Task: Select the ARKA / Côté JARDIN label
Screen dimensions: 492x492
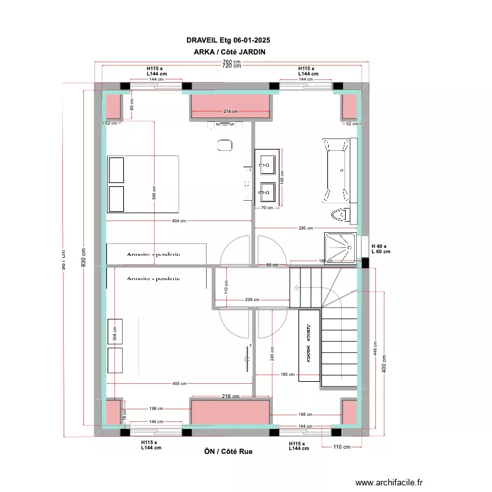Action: point(230,52)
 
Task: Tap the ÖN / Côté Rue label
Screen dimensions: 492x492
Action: point(228,451)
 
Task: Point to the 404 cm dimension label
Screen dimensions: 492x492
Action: point(178,221)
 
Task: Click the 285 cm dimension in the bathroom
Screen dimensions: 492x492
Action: point(306,228)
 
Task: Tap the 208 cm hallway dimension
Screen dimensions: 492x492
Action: point(252,300)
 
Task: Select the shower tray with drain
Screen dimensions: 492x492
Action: point(340,247)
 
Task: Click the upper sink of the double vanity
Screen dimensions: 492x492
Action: point(267,162)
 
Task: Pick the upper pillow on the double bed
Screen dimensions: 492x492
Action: point(116,170)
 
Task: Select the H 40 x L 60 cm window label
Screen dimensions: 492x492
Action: point(380,248)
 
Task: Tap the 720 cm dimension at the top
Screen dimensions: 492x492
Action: point(231,66)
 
